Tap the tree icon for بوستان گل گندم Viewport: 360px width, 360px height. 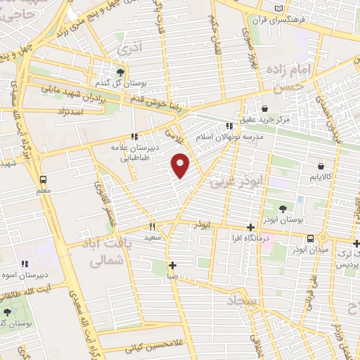(x=120, y=72)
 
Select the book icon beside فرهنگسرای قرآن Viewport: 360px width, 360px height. (x=279, y=8)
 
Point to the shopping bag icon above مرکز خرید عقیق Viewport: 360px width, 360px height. (x=264, y=108)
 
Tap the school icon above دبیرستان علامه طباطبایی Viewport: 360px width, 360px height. (x=134, y=136)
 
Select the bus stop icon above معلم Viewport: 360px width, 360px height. (x=44, y=179)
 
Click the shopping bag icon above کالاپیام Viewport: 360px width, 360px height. (x=321, y=166)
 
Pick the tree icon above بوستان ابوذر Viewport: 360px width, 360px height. (x=283, y=209)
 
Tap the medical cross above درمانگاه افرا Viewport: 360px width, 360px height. (x=251, y=227)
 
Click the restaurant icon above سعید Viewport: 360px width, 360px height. (x=152, y=227)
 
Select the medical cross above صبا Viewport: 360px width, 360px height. (x=172, y=265)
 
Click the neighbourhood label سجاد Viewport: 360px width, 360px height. (x=243, y=301)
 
